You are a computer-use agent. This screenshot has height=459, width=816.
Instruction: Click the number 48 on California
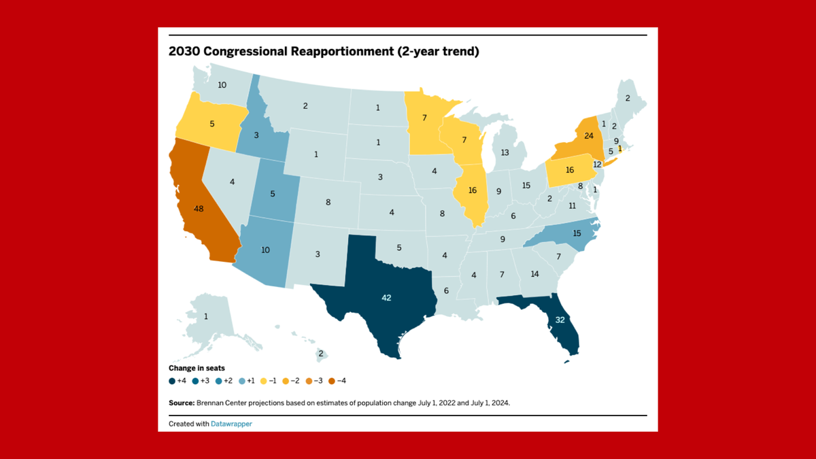(199, 209)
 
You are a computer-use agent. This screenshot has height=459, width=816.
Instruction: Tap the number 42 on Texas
(386, 297)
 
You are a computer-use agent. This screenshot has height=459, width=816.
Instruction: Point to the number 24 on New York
(589, 135)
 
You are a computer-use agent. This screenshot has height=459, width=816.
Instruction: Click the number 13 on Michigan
(505, 153)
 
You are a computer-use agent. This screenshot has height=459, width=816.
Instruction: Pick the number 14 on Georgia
(534, 274)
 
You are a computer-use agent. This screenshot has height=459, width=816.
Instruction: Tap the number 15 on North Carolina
(577, 233)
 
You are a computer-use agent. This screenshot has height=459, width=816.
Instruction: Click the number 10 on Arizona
(265, 250)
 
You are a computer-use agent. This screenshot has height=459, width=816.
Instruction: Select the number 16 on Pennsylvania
(570, 169)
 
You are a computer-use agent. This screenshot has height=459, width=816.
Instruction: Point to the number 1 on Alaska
(206, 317)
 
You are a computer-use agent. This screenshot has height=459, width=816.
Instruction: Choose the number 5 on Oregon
(212, 124)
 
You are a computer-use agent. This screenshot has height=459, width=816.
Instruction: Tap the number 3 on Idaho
(257, 136)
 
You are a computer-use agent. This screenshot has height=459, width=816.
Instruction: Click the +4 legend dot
(172, 381)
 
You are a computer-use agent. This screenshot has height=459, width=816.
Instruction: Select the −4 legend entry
(335, 381)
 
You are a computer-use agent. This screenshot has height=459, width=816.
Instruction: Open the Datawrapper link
(231, 424)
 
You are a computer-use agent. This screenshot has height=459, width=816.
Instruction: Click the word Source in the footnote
(181, 403)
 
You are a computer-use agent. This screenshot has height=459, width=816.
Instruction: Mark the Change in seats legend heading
(197, 368)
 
